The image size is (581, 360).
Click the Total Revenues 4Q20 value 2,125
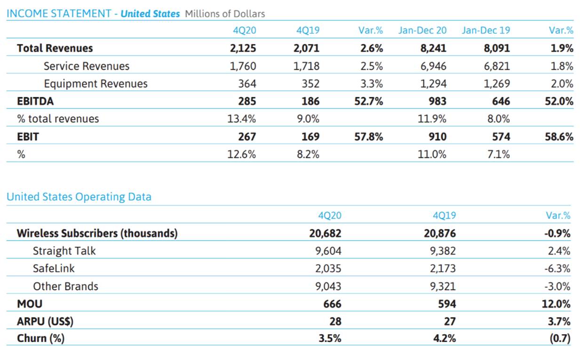click(243, 48)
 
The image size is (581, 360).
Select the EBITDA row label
click(35, 101)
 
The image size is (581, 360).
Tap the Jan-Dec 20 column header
click(422, 30)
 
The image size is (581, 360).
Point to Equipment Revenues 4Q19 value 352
click(310, 84)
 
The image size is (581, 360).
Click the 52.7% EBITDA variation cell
click(368, 101)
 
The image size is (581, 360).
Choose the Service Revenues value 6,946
click(433, 66)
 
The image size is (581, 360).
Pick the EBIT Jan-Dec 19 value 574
click(501, 136)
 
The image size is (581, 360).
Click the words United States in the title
click(150, 14)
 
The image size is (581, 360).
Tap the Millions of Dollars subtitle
click(225, 14)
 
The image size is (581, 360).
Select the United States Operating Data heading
click(79, 197)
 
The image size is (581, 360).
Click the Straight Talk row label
click(64, 251)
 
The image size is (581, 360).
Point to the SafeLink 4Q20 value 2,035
click(328, 268)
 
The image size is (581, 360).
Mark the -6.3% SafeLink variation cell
click(557, 268)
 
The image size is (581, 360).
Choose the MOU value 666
click(332, 304)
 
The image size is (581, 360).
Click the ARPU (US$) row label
click(45, 321)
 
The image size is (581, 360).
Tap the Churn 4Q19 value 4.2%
click(444, 338)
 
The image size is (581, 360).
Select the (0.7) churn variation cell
click(560, 338)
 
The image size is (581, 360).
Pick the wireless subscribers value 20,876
click(440, 233)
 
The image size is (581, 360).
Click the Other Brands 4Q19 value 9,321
click(443, 286)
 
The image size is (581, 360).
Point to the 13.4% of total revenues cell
click(241, 119)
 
